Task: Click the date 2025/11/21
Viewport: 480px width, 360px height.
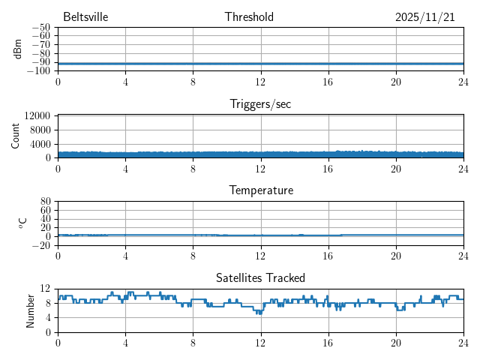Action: pos(424,17)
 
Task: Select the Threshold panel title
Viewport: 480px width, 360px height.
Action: pos(249,17)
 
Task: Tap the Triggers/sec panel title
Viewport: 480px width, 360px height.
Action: pos(260,104)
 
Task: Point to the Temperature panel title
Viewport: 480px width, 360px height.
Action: pos(260,190)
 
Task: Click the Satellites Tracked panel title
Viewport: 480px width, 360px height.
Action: pos(260,278)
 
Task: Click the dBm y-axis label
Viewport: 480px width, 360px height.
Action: pos(17,49)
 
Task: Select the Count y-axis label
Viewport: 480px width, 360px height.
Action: pos(15,136)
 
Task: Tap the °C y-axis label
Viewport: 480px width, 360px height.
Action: pos(22,223)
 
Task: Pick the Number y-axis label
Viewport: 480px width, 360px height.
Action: pos(30,310)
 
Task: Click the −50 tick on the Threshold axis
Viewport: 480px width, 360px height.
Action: pos(40,27)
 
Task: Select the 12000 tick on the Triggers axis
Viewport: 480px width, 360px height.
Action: pos(37,115)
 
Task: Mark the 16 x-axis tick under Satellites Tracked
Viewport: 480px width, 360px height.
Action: pos(328,342)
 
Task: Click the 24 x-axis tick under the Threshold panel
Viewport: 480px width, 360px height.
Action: pos(463,81)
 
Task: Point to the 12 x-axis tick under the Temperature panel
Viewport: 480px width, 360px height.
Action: pos(260,255)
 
